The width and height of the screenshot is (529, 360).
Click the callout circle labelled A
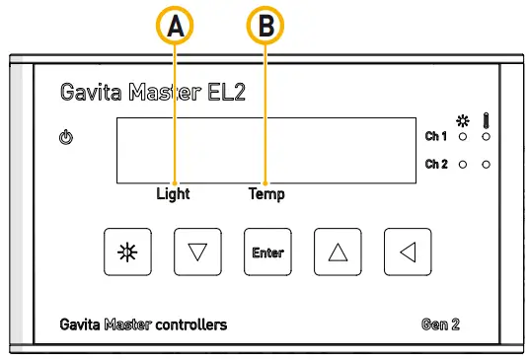coord(176,28)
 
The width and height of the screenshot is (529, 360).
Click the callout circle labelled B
coord(264,28)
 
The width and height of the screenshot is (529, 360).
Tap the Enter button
coord(267,252)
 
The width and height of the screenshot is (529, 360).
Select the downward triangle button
coord(197,252)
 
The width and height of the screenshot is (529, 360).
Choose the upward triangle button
coord(338,252)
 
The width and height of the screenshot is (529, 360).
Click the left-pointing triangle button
coord(408,252)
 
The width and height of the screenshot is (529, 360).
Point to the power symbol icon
coord(66,137)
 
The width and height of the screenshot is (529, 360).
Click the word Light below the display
coord(173,193)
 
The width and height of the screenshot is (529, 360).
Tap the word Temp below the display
coord(266,193)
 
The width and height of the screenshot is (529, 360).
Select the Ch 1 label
coord(436,136)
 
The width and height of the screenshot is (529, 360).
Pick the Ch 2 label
coord(436,164)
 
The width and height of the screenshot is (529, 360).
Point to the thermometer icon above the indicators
coord(486,118)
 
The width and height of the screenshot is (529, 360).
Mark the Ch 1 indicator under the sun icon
coord(463,136)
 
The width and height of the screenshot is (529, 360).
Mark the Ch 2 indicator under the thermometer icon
coord(486,164)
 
